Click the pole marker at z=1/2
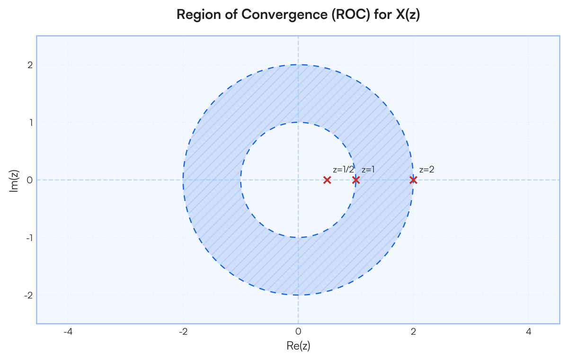pos(327,180)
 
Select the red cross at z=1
pos(356,180)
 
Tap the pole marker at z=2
pos(413,180)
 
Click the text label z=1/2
pos(343,170)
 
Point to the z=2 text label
pos(427,170)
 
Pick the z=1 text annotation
pos(368,170)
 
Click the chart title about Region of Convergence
pos(298,14)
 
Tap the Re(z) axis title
pos(298,346)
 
